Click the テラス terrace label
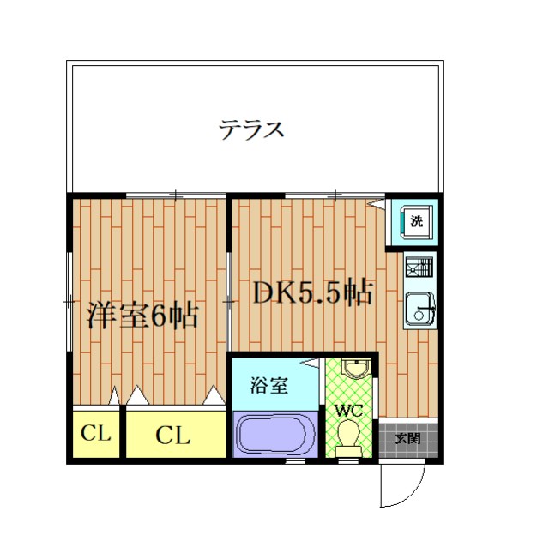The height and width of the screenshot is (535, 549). pos(250,131)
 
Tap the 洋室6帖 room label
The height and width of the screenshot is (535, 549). pos(142,316)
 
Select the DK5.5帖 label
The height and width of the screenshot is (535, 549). pos(311,295)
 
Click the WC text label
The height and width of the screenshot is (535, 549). pos(348,411)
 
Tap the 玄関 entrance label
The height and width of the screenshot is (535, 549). pos(407,438)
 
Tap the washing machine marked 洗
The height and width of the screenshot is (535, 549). pos(416,221)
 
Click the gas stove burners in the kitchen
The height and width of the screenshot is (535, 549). pos(419,267)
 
